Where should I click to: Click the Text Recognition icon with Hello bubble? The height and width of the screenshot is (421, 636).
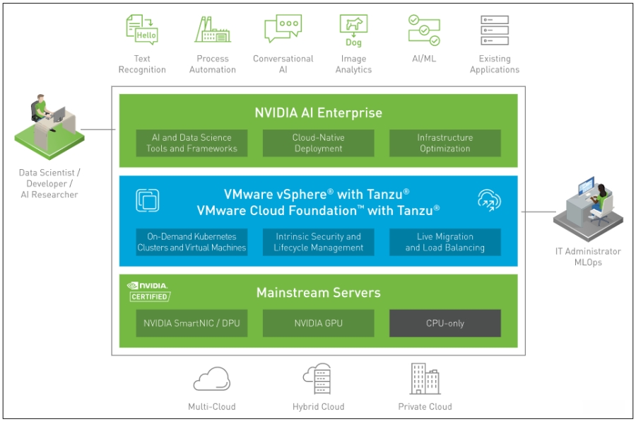click(x=141, y=30)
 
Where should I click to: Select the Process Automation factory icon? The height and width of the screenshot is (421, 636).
click(x=212, y=30)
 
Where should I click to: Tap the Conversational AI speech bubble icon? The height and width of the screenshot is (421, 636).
click(x=283, y=30)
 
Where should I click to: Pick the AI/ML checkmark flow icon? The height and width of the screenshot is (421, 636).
click(x=424, y=30)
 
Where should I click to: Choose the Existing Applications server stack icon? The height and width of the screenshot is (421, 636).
click(x=494, y=30)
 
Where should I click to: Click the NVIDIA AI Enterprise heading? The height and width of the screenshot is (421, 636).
click(x=318, y=113)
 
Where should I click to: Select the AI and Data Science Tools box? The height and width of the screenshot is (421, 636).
click(x=192, y=143)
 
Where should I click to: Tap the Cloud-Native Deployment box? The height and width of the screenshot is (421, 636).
click(x=318, y=143)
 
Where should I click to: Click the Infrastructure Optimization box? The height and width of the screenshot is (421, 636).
click(x=444, y=143)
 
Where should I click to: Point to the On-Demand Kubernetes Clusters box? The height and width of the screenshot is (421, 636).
click(x=192, y=242)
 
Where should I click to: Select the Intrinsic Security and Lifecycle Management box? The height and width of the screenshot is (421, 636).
click(x=318, y=242)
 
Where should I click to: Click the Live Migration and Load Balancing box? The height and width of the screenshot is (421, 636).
click(x=444, y=242)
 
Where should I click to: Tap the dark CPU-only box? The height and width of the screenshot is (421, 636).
click(x=444, y=323)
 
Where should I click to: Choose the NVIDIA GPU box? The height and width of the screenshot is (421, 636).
click(x=318, y=323)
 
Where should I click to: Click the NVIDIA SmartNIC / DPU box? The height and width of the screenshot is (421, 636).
click(x=192, y=323)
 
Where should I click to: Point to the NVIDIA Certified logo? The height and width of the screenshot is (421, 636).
click(x=148, y=292)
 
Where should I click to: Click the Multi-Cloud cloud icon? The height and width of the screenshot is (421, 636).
click(x=212, y=379)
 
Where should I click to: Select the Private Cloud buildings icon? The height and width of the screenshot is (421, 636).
click(x=425, y=379)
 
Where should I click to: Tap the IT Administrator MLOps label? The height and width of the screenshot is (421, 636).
click(x=587, y=257)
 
